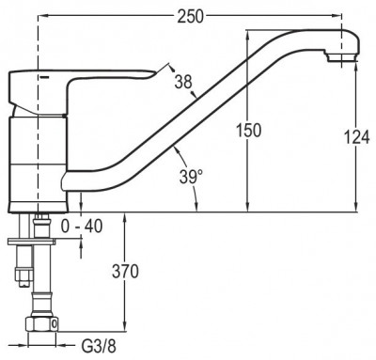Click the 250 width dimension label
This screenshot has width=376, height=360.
(190, 16)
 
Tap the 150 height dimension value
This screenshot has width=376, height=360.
(248, 130)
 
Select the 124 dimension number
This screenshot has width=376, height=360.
(357, 137)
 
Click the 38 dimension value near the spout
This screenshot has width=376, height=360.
(183, 82)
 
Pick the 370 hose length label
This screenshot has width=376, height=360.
(125, 272)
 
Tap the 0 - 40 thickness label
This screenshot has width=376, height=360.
(82, 227)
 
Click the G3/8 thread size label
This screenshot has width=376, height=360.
(99, 347)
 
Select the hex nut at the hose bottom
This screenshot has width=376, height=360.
(42, 323)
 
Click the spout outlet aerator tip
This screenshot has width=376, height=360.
(341, 58)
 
